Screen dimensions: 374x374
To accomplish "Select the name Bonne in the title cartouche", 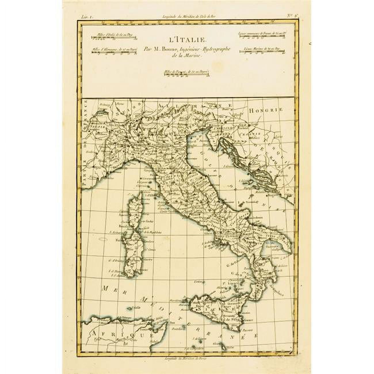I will (x=171, y=49).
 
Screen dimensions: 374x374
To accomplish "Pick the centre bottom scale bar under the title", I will (x=186, y=74).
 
